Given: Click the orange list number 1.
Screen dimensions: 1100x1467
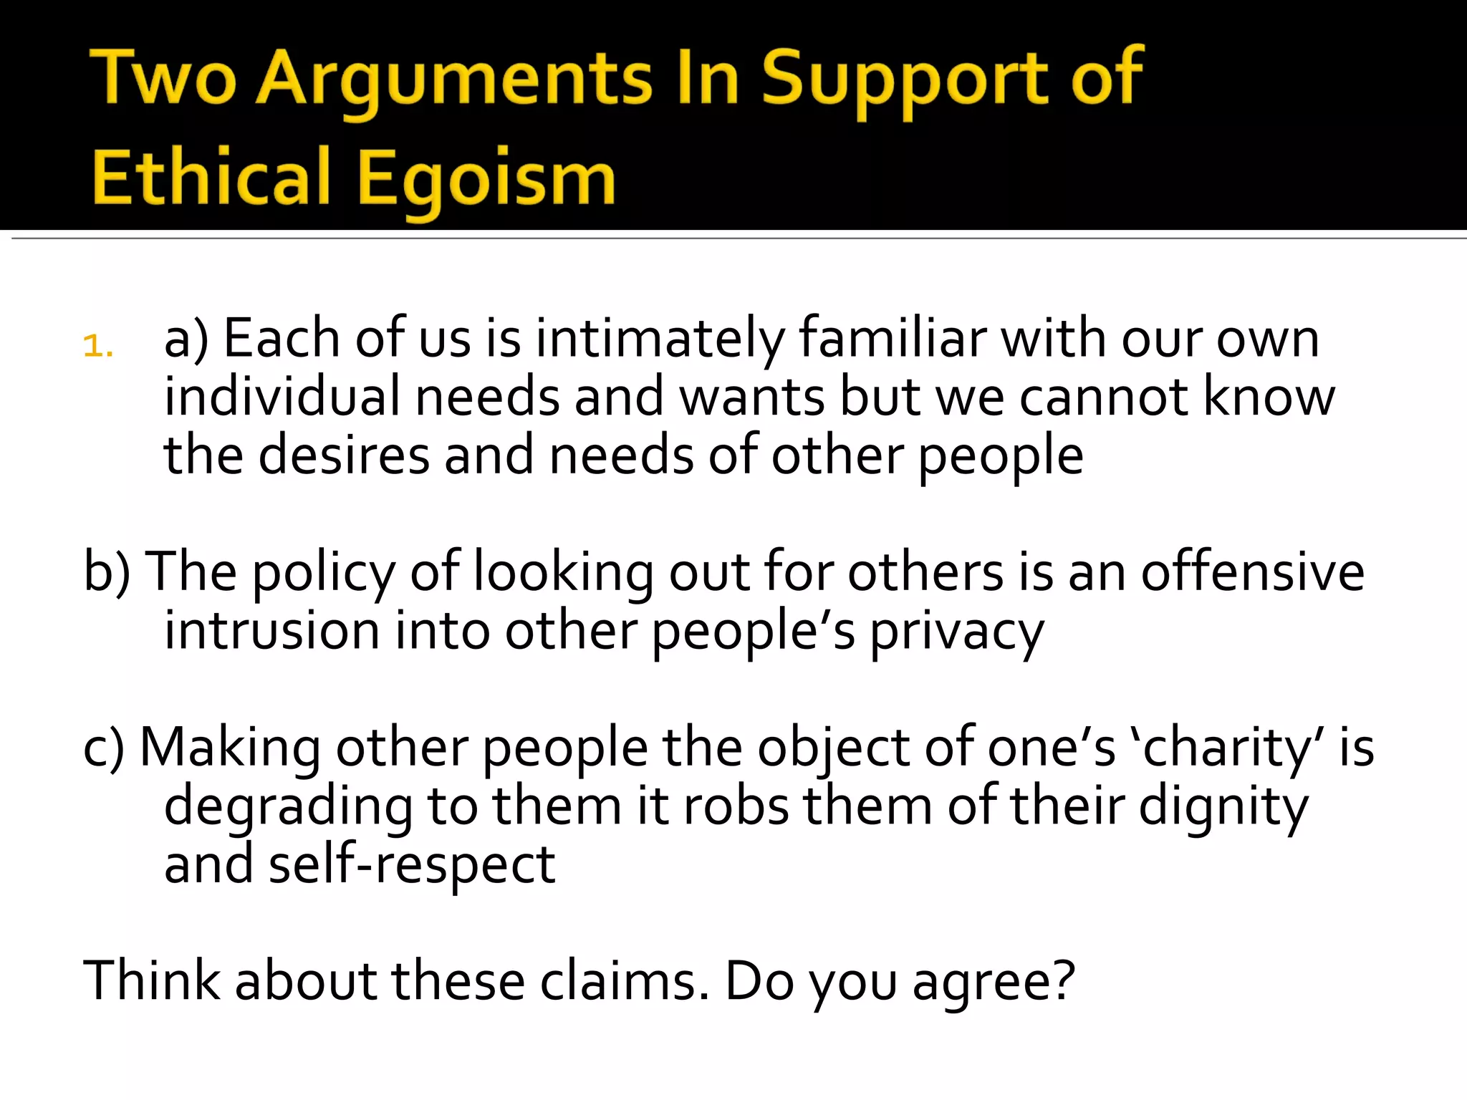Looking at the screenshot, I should tap(98, 347).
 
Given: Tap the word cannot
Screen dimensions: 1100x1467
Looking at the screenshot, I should tap(1103, 397).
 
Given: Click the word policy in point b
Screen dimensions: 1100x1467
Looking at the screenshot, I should tap(324, 573).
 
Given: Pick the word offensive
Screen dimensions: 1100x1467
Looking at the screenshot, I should tap(1253, 573).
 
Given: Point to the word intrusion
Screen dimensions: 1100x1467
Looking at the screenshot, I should tap(272, 632).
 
